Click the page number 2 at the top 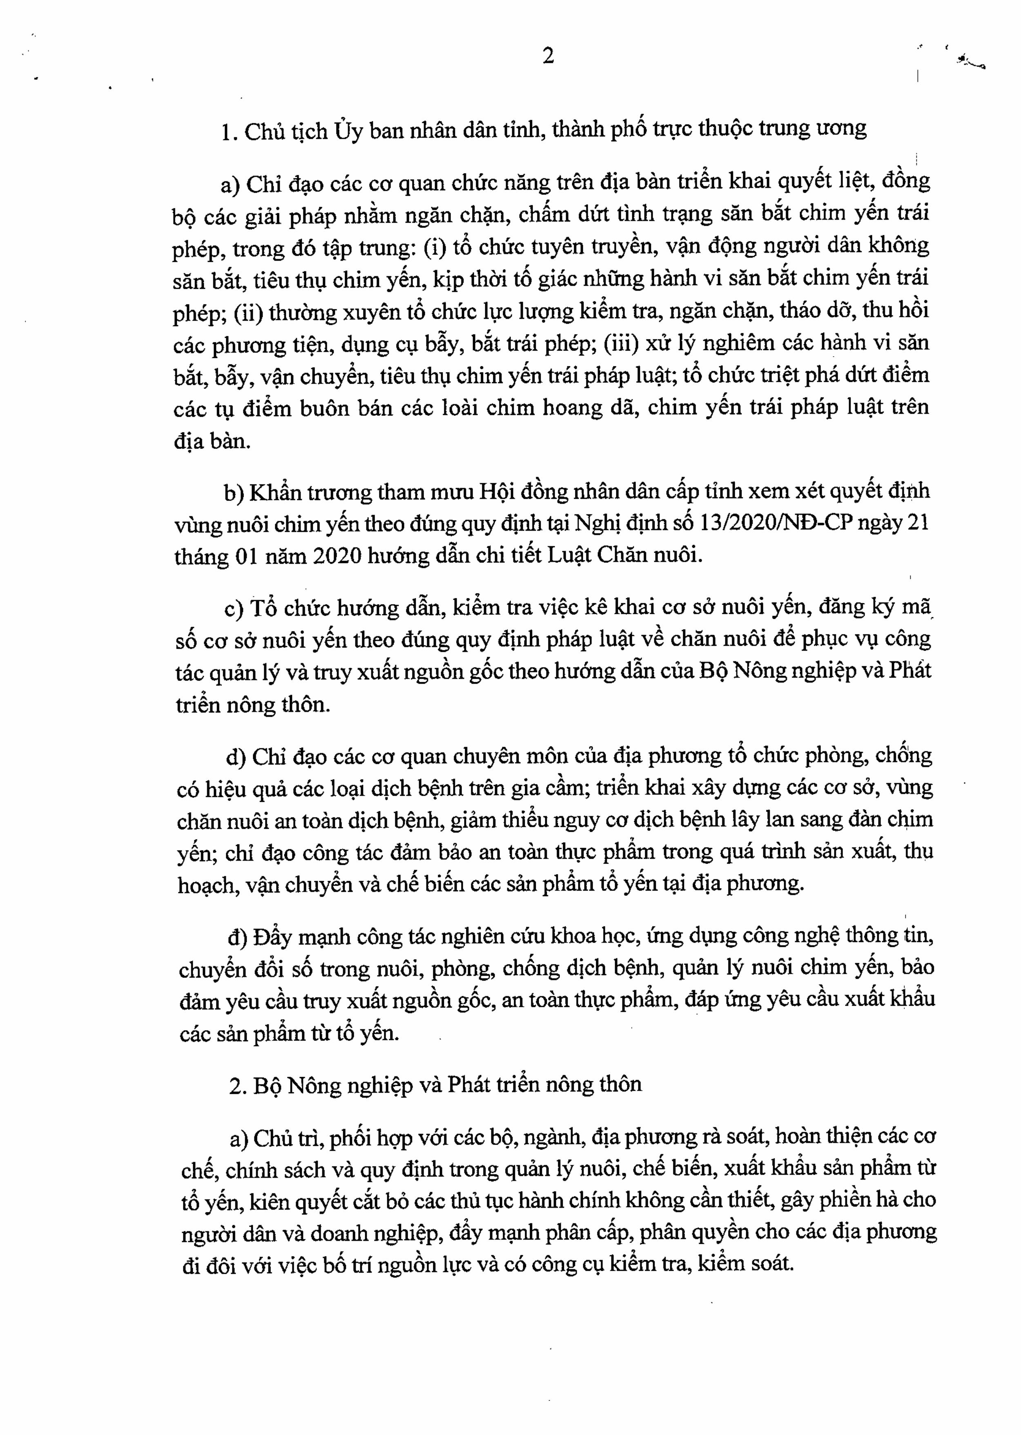548,57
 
